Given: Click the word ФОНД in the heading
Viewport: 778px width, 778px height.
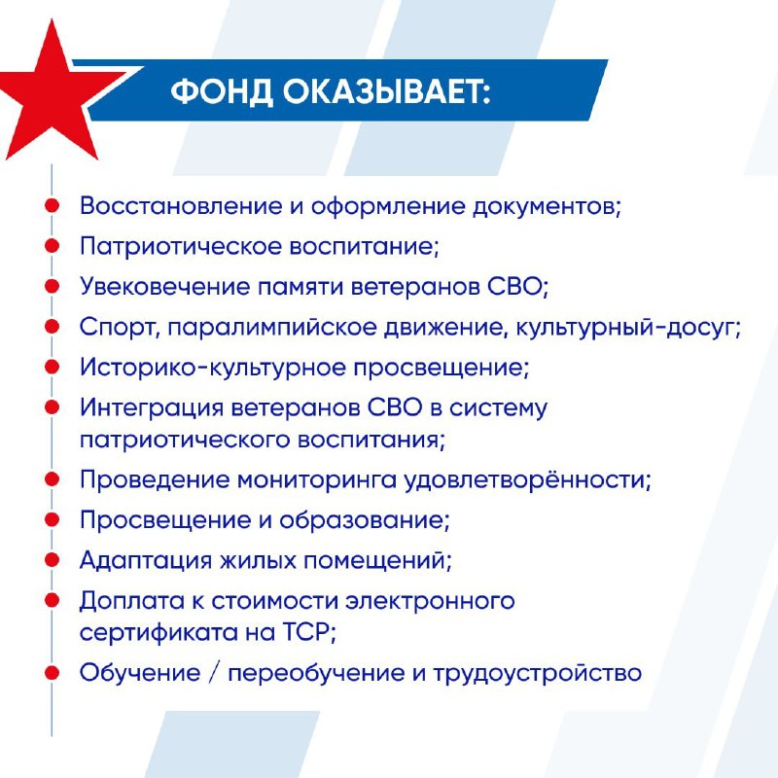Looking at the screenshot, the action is pyautogui.click(x=222, y=91).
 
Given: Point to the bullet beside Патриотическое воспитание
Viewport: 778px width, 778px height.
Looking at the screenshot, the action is pyautogui.click(x=53, y=246).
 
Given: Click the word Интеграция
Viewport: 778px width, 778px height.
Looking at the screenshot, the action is pyautogui.click(x=152, y=408).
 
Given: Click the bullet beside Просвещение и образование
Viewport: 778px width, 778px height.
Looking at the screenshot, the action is pyautogui.click(x=53, y=519).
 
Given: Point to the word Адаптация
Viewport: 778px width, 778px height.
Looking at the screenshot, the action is pyautogui.click(x=145, y=561).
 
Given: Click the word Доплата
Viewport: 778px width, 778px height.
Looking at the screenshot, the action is pyautogui.click(x=132, y=601).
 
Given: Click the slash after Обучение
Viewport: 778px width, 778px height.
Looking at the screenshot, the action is pyautogui.click(x=214, y=673).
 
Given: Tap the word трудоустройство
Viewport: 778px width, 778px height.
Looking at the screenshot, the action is pyautogui.click(x=538, y=674).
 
